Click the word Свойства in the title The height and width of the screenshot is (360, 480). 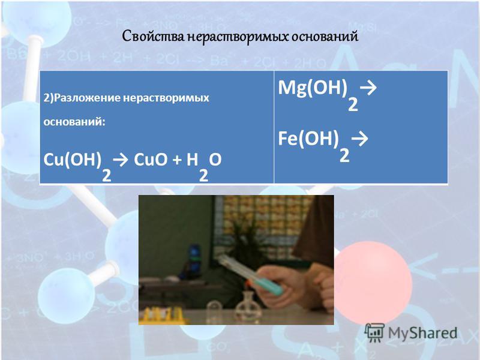coord(154,37)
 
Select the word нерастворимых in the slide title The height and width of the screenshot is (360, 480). coord(237,37)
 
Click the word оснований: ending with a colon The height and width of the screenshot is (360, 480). coord(74,122)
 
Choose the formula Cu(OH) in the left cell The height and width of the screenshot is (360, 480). coord(72,160)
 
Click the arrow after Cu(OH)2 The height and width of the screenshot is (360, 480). coord(121,160)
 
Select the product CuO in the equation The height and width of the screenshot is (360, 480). coord(151,160)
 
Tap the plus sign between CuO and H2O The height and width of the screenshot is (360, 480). coord(177,160)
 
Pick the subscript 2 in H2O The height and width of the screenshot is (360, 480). coord(203,176)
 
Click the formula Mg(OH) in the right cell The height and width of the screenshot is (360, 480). coord(313,88)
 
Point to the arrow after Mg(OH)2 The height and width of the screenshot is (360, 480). coord(368,88)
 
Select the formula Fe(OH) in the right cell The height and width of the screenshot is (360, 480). coord(308,139)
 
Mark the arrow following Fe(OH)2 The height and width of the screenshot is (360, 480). coord(359,139)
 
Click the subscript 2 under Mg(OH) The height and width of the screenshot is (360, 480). coord(353,104)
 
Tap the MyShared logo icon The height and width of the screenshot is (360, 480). coord(374,332)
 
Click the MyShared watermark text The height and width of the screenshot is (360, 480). coord(423,333)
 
